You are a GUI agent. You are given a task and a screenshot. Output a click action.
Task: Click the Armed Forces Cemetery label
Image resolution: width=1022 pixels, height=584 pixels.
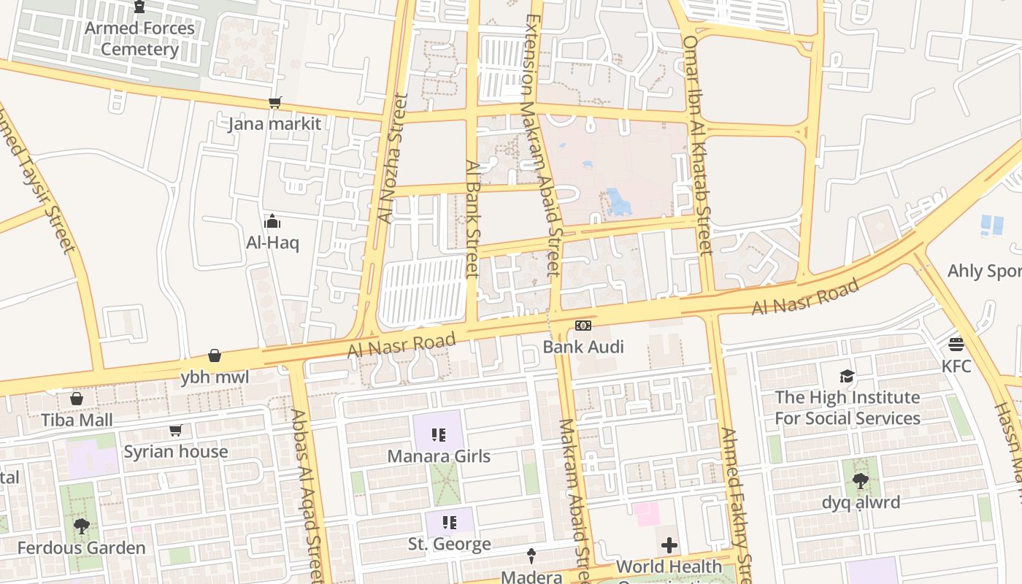coord(139,39)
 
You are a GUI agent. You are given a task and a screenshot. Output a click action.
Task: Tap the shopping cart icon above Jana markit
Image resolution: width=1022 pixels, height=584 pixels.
coord(275,103)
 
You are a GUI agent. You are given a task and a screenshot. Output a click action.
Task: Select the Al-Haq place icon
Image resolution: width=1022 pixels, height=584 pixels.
coord(272,221)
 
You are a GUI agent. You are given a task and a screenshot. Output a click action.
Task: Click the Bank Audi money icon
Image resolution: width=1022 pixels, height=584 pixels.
coord(583,326)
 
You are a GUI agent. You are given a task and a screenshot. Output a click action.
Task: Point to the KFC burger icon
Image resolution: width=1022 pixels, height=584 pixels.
coord(956,344)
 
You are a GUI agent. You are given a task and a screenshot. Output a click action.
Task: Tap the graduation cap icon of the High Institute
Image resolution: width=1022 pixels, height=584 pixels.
coord(847,377)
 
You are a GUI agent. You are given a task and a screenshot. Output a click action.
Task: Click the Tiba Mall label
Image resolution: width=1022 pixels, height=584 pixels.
coord(77,420)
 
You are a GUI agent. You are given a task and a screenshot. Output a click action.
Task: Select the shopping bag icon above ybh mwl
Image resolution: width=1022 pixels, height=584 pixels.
coord(215,356)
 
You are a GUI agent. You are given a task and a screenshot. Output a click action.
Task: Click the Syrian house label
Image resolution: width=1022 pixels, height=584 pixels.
coord(176,451)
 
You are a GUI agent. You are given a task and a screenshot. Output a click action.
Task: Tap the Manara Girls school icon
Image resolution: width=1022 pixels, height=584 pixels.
coord(439,436)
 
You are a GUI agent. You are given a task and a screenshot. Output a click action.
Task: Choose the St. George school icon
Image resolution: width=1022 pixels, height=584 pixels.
coord(450,523)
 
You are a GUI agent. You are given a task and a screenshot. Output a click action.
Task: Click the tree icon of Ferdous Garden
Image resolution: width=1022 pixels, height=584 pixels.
coord(82,526)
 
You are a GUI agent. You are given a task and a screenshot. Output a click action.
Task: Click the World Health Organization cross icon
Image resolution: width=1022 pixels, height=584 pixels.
coord(669,545)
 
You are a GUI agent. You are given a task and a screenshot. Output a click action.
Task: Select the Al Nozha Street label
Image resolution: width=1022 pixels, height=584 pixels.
coord(391,159)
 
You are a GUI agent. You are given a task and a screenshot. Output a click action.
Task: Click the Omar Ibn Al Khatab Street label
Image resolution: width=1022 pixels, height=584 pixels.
coord(696,146)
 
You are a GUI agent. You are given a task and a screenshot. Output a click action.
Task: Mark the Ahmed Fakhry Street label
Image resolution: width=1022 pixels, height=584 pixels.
coord(736,504)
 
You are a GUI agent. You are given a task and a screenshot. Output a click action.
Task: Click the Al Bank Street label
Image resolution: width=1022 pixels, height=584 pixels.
coord(472,219)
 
